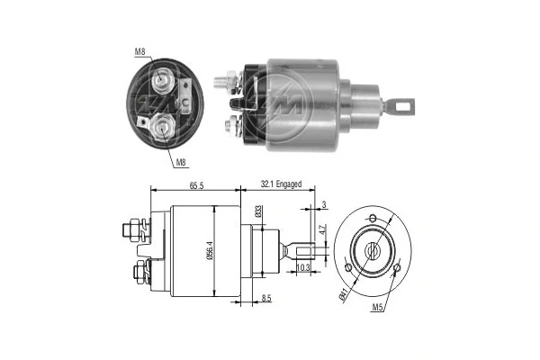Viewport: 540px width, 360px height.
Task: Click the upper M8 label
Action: tap(140, 51)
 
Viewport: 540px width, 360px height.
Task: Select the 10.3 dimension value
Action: tap(303, 268)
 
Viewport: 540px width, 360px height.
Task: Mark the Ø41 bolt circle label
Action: tap(345, 290)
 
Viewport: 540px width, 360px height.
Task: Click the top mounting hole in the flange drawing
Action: tap(372, 219)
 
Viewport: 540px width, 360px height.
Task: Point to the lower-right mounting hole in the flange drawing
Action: tap(396, 267)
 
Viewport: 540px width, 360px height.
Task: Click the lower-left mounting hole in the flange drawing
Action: tap(348, 267)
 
